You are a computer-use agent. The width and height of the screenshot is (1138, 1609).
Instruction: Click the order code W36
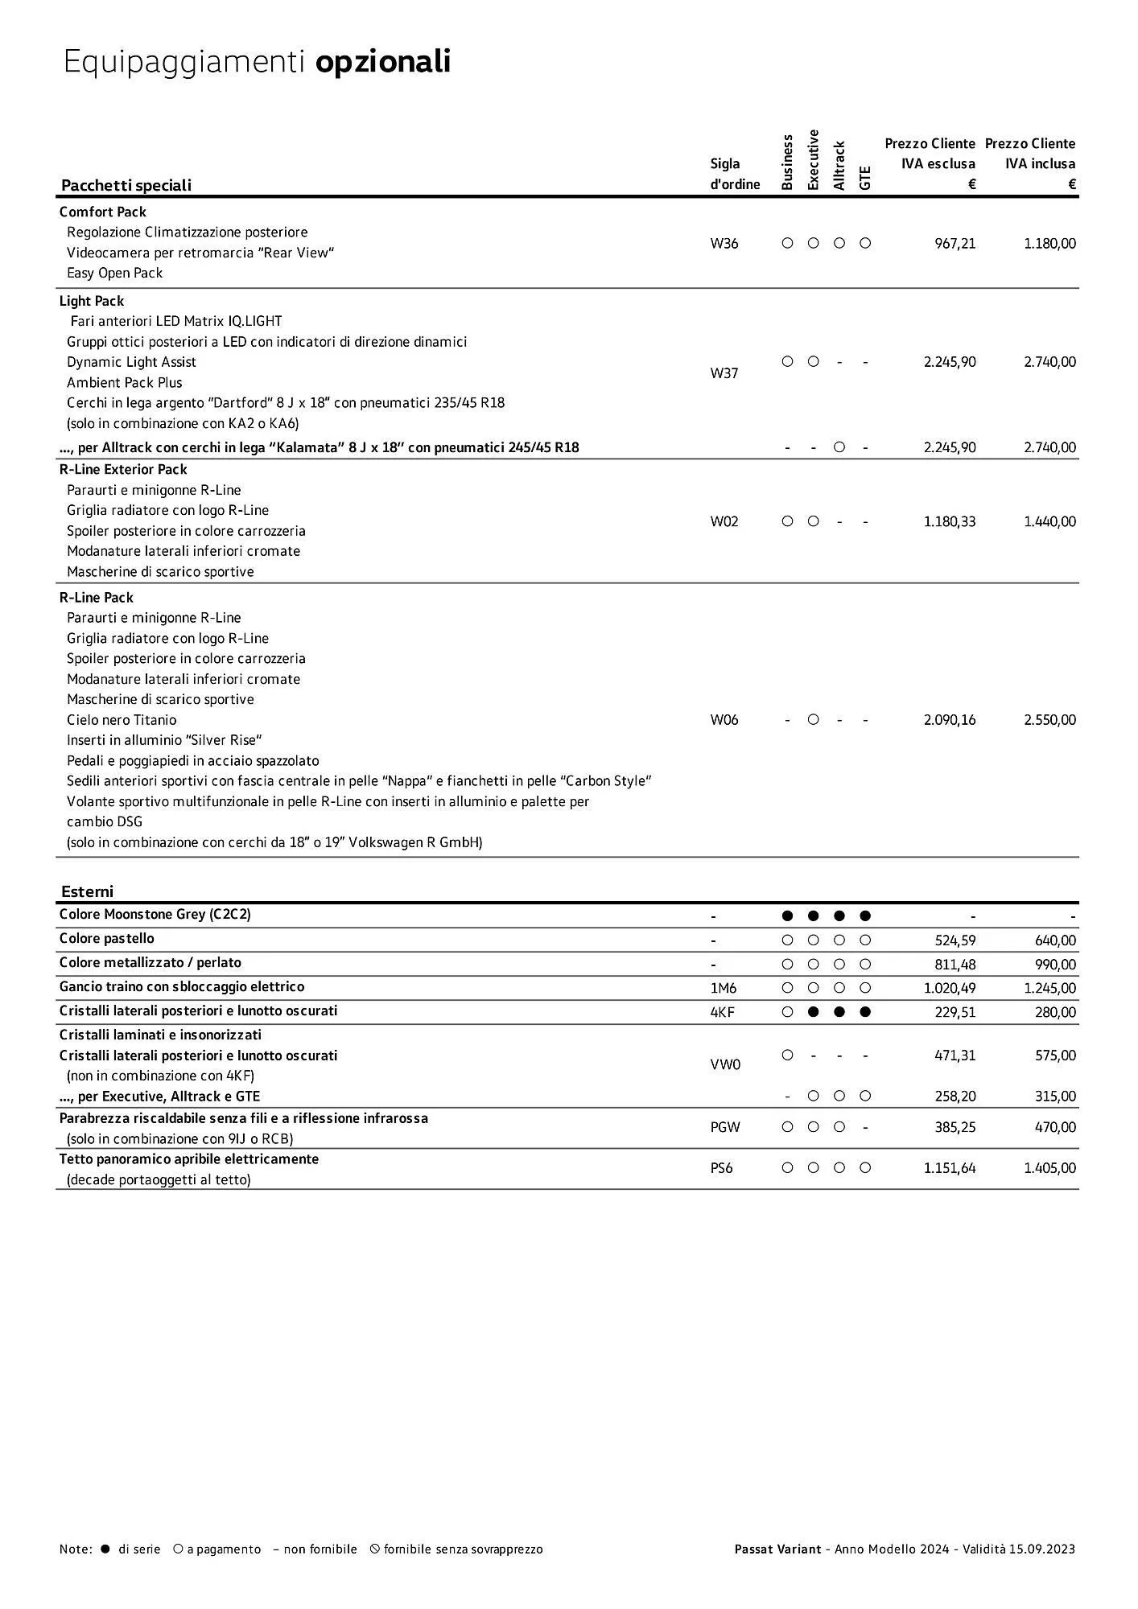click(724, 244)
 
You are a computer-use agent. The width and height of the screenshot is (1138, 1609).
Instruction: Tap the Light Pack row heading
click(92, 301)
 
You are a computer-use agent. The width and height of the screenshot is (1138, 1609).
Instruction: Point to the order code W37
click(724, 373)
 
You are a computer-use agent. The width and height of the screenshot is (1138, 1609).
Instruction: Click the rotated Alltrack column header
click(839, 166)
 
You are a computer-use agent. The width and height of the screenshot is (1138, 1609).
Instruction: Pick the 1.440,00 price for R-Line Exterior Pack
click(1049, 521)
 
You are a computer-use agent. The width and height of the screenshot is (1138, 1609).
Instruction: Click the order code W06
click(724, 720)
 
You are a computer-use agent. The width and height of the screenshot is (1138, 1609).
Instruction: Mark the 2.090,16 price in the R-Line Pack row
click(950, 720)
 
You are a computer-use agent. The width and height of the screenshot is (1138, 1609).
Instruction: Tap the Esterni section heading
click(87, 891)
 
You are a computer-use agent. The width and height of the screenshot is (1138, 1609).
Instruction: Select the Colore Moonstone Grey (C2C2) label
click(155, 915)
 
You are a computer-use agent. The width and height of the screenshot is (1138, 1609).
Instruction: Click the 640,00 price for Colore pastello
click(1055, 940)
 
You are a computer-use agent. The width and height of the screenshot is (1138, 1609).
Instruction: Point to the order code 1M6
click(723, 988)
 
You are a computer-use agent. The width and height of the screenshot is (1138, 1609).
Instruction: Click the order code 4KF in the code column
click(722, 1012)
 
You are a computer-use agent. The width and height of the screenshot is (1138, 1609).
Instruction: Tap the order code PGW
click(724, 1127)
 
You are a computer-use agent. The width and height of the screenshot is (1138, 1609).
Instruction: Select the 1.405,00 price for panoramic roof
click(1049, 1168)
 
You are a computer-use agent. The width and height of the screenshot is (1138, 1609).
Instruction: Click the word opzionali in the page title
click(382, 62)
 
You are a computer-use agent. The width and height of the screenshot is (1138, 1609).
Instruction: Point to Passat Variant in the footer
click(777, 1549)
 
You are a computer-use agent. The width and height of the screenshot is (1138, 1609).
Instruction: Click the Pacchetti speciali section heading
click(126, 185)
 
